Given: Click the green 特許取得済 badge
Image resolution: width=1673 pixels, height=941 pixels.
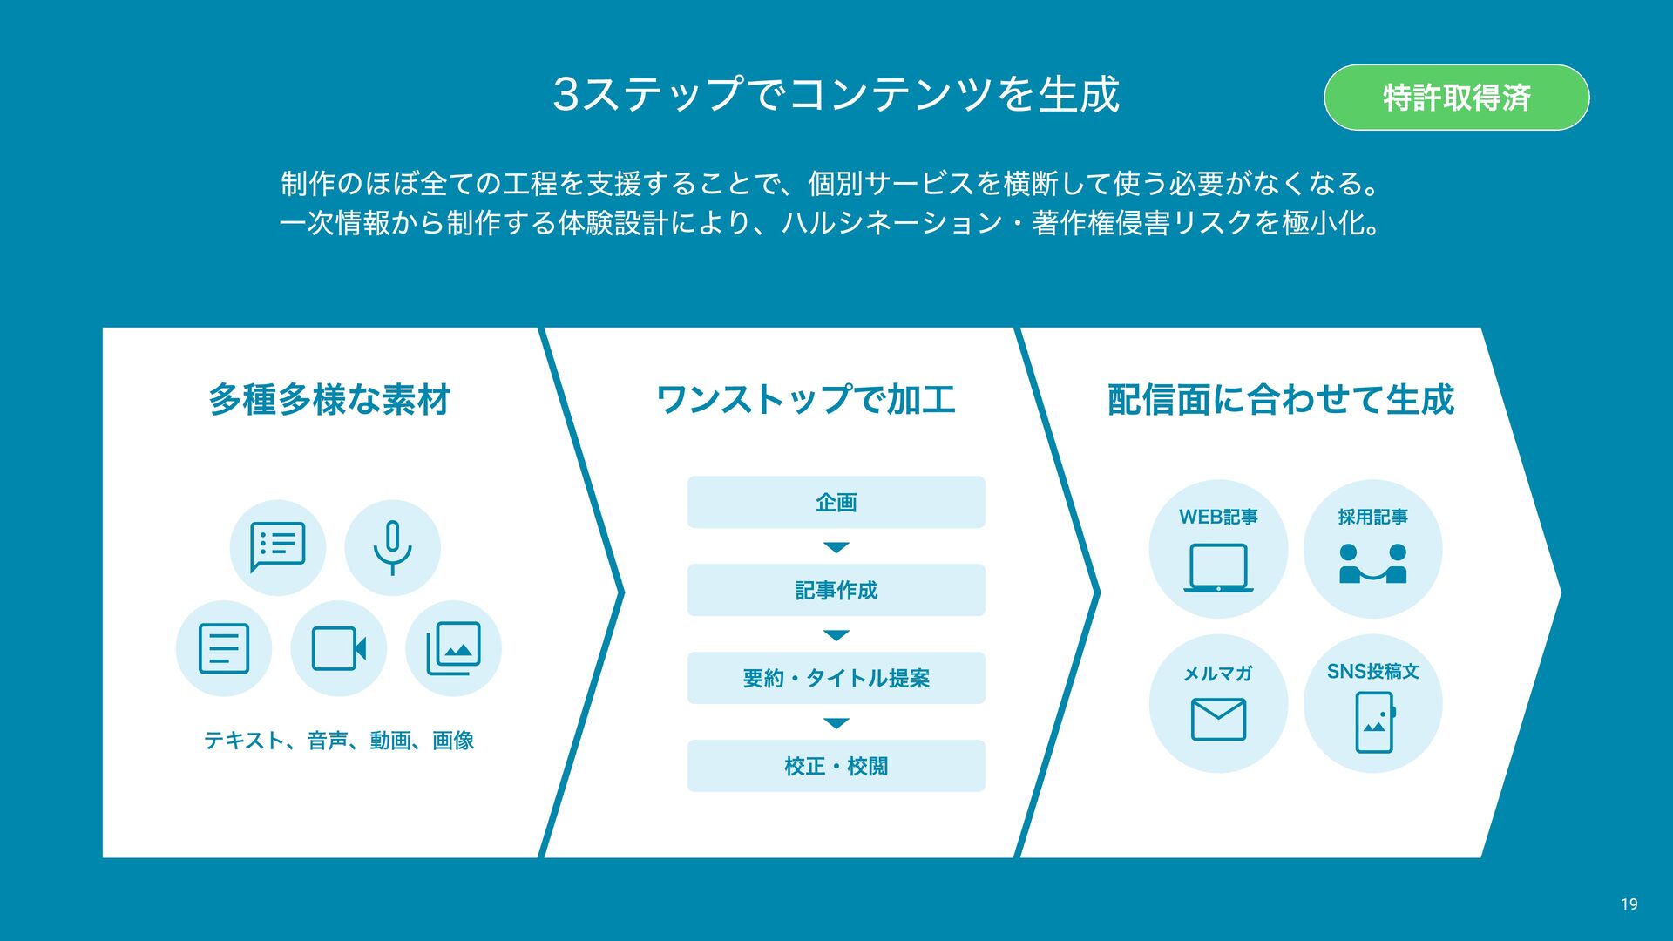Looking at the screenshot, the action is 1456,98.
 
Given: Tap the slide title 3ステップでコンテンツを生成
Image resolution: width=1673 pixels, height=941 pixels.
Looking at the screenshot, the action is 836,94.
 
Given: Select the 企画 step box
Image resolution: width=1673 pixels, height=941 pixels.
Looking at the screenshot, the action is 836,502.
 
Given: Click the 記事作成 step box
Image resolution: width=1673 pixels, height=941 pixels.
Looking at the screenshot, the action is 836,590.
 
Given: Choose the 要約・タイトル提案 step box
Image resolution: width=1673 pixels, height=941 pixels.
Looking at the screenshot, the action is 836,678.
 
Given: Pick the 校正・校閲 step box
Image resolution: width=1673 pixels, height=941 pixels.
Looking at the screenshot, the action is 836,766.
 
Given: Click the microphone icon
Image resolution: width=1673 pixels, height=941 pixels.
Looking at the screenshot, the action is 392,547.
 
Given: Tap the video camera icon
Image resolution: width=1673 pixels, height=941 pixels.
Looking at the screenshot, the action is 338,648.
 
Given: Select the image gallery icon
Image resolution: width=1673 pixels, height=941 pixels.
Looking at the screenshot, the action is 453,648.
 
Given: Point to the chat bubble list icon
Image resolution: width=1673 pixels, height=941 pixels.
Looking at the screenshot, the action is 277,547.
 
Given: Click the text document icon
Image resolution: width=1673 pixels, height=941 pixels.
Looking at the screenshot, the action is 224,648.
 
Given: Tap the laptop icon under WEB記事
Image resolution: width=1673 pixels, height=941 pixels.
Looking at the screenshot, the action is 1218,567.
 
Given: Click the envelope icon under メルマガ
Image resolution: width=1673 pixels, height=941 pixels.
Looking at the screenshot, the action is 1218,720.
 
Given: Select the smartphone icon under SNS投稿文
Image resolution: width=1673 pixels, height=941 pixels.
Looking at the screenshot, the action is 1374,721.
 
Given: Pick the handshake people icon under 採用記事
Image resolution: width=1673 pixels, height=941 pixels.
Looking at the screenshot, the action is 1372,564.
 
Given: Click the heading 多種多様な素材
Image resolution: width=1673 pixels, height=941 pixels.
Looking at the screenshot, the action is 329,400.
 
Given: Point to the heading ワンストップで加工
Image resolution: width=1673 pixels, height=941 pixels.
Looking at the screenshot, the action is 805,400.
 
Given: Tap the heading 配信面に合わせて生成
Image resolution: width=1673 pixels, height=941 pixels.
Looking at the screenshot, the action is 1280,400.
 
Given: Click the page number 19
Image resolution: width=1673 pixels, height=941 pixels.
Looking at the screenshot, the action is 1629,904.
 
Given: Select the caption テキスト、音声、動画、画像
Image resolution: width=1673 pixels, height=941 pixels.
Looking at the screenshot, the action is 339,741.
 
